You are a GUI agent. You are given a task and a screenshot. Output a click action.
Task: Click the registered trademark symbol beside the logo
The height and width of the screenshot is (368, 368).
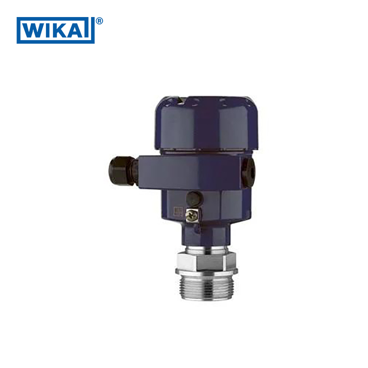99,21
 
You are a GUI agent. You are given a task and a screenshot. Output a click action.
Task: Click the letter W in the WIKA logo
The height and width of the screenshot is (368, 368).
34,30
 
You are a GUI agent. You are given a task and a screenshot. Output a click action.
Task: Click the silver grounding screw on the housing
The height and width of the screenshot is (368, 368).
191,215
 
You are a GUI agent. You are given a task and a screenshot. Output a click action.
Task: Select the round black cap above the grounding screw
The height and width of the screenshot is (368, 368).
195,199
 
